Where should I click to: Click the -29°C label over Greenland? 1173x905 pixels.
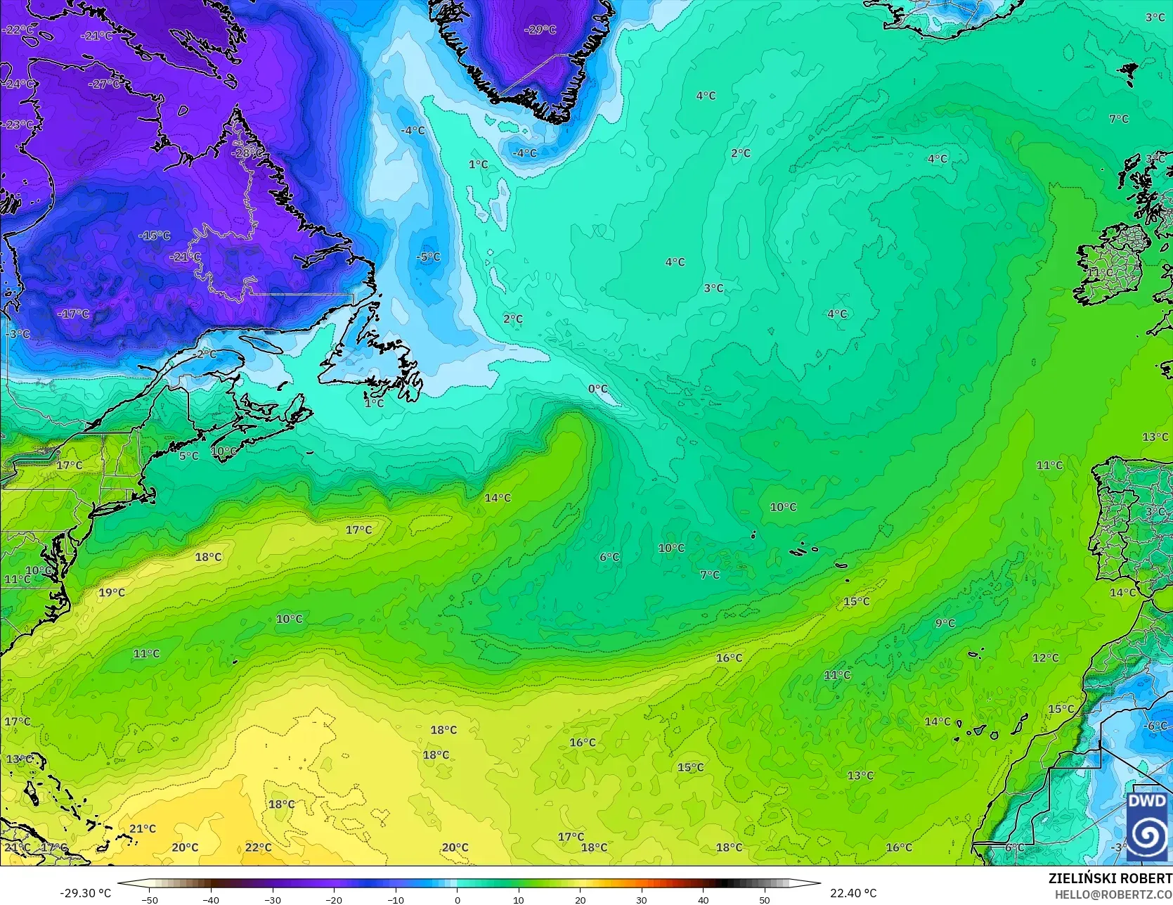pyautogui.click(x=540, y=30)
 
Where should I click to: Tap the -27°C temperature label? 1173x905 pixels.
pyautogui.click(x=104, y=84)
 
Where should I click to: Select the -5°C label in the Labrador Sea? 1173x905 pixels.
pyautogui.click(x=428, y=257)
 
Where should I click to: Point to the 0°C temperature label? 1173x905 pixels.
pyautogui.click(x=598, y=389)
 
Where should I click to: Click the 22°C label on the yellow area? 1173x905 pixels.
pyautogui.click(x=259, y=848)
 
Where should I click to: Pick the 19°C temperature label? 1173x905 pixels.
pyautogui.click(x=112, y=593)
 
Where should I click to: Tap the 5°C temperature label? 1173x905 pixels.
pyautogui.click(x=189, y=456)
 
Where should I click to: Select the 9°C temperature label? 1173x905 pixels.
pyautogui.click(x=945, y=623)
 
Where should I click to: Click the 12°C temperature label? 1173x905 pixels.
pyautogui.click(x=1045, y=658)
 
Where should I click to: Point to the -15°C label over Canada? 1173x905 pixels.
pyautogui.click(x=155, y=236)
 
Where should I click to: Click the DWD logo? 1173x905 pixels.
pyautogui.click(x=1148, y=826)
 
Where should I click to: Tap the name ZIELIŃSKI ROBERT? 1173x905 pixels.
pyautogui.click(x=1110, y=878)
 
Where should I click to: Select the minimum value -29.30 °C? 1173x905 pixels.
pyautogui.click(x=86, y=893)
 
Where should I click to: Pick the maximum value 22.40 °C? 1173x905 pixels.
pyautogui.click(x=853, y=893)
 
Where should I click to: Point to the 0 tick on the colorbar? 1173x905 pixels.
pyautogui.click(x=457, y=899)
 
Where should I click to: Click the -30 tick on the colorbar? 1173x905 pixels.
pyautogui.click(x=273, y=899)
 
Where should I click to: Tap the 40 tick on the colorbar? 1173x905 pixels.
pyautogui.click(x=703, y=899)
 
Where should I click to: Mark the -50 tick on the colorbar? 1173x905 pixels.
pyautogui.click(x=149, y=899)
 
